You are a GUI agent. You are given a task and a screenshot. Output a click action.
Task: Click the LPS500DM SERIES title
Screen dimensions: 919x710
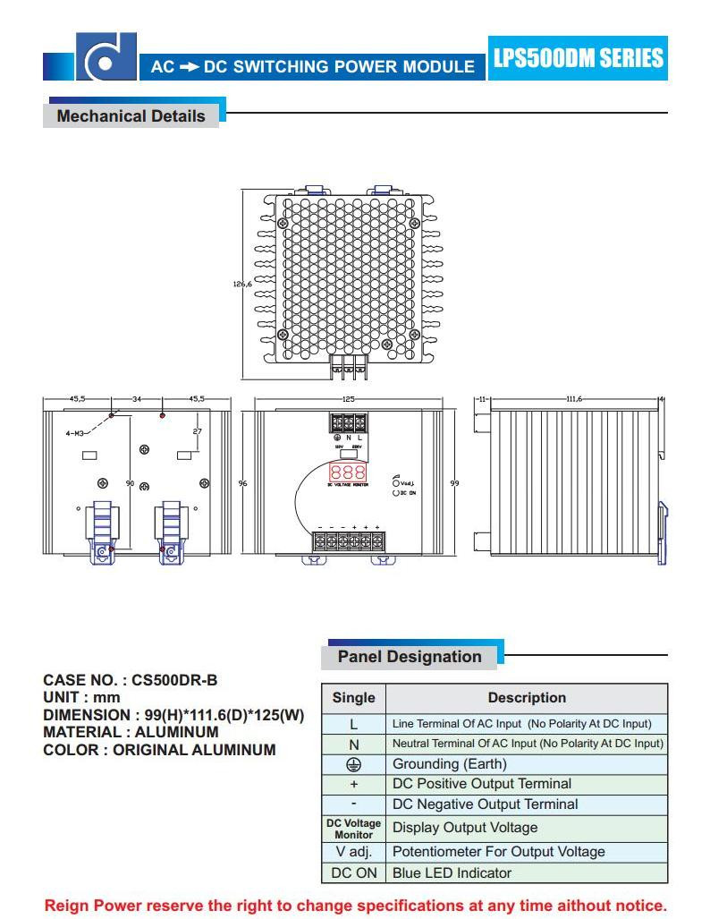(x=579, y=58)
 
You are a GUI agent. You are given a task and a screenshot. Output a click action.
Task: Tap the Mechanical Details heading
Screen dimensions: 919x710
(x=131, y=116)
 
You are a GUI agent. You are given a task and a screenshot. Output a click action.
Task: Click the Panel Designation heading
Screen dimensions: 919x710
(x=410, y=657)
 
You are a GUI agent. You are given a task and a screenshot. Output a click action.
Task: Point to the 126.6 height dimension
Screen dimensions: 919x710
(x=241, y=284)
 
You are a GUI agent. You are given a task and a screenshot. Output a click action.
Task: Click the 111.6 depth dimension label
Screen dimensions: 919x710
(x=573, y=399)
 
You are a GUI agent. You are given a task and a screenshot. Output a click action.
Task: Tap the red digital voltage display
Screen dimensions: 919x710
(x=347, y=472)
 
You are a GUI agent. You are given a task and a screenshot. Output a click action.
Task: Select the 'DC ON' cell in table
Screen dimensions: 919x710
(x=353, y=872)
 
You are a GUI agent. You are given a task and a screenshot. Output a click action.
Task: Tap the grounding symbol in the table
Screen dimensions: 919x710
(x=353, y=764)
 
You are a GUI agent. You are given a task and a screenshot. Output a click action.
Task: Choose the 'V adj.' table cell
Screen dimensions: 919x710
(x=353, y=851)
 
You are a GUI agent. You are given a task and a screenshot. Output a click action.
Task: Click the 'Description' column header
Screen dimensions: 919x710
(x=527, y=698)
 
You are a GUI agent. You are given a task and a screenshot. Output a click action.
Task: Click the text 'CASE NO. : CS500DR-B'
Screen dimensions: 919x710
(x=131, y=679)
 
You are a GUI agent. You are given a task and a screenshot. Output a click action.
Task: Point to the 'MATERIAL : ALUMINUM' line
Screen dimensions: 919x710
(x=131, y=732)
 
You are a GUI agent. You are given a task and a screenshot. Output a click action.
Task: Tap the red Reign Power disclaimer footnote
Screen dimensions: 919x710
(x=355, y=905)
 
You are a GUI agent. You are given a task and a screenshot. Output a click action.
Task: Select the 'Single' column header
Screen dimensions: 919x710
(x=353, y=698)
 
